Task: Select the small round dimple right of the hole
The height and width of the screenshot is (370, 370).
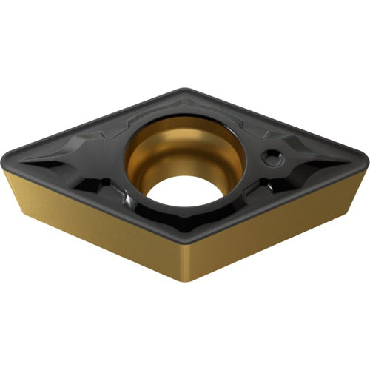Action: (273, 156)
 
